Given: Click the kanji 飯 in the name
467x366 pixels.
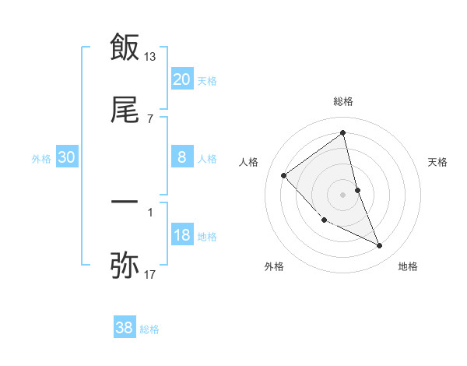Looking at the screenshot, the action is point(125,48).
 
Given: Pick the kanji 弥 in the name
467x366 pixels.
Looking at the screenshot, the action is point(125,265).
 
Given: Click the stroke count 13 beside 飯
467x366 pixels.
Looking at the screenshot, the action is point(151,56).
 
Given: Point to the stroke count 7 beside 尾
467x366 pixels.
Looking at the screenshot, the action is point(150,118).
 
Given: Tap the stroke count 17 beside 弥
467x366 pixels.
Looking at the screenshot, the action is point(151,274).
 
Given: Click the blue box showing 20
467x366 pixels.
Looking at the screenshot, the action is point(181,79).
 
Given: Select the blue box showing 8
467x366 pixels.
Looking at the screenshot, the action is point(181,157).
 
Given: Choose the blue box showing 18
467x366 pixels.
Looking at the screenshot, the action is point(181,235).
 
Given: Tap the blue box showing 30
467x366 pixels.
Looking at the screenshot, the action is point(67,157).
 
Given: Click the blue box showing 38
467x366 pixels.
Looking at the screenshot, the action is point(124,329).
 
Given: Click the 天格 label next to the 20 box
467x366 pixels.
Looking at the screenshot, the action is point(207,81).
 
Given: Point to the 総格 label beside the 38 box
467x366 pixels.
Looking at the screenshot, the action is point(149,330).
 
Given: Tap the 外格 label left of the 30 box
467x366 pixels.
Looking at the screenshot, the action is point(41,159).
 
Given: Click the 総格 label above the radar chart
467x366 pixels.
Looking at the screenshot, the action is point(343,101).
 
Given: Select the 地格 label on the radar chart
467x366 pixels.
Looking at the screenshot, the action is point(408,267).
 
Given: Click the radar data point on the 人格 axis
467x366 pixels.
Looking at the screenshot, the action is point(284,175).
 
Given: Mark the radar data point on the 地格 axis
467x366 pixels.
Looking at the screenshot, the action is point(380,245).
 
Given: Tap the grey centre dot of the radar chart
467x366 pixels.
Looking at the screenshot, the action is point(343,194).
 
